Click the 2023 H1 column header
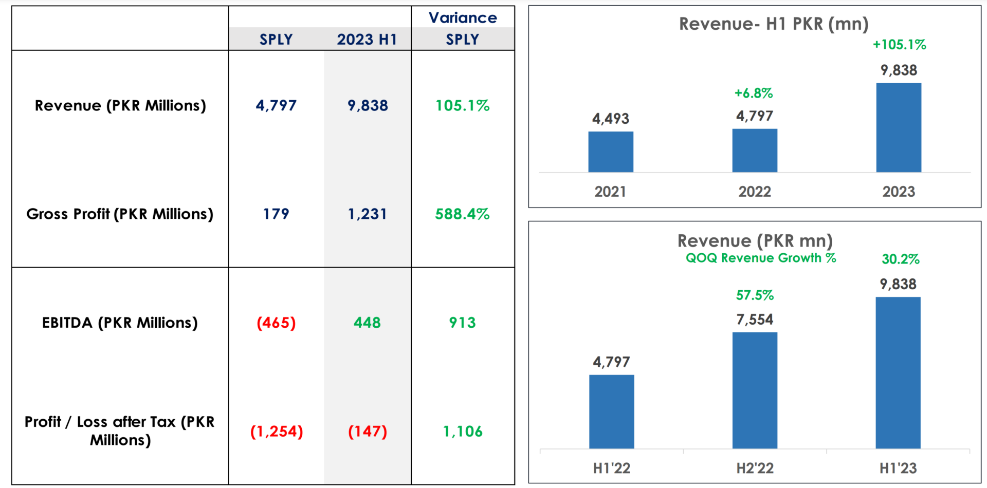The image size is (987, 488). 367,40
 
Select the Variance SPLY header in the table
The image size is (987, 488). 463,29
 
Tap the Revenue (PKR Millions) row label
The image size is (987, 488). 120,105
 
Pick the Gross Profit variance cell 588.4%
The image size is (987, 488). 462,214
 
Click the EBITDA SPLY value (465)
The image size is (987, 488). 276,323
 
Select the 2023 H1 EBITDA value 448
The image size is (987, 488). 367,323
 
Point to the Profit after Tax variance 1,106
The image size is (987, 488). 463,431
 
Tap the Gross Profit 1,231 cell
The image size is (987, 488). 367,214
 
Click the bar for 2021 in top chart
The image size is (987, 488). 611,152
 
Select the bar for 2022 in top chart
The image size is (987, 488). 755,151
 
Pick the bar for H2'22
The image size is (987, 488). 755,390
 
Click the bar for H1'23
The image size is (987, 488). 898,372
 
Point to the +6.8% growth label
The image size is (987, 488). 754,93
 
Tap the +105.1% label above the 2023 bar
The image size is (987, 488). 899,45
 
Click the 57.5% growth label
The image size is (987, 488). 755,295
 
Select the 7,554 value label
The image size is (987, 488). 755,320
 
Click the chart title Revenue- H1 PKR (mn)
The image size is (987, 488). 774,24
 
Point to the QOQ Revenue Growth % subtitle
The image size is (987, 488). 761,258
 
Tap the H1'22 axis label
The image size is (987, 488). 611,468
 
